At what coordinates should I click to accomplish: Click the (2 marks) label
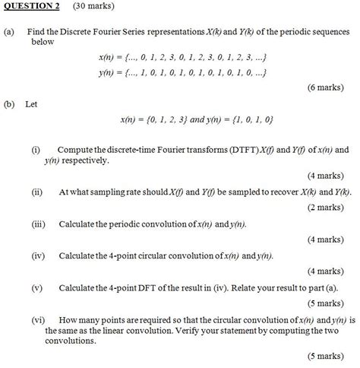(328, 207)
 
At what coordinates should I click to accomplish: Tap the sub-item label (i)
(36, 151)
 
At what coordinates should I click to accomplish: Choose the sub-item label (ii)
(36, 192)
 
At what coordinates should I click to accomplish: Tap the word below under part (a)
(43, 43)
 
